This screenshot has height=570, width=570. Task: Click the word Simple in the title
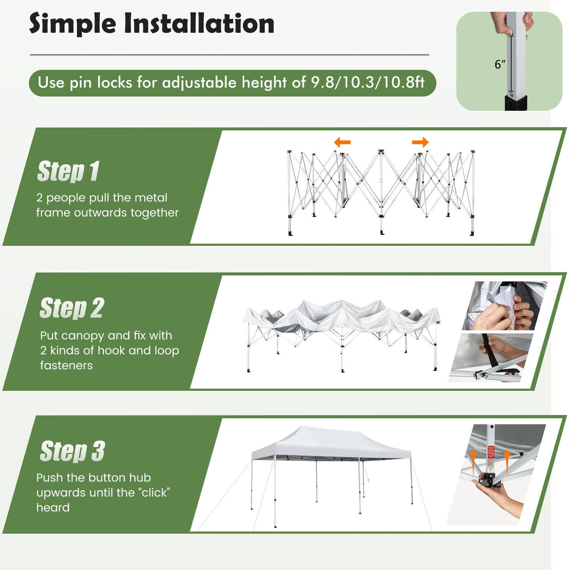(x=72, y=24)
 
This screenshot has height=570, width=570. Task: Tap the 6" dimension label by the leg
(x=500, y=64)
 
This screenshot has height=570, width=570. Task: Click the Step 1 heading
(x=69, y=171)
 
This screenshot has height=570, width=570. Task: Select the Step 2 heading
(x=72, y=308)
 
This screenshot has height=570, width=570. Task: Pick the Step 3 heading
(x=72, y=451)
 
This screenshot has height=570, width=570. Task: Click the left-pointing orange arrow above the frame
(x=342, y=142)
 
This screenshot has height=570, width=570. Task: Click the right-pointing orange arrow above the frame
(x=420, y=142)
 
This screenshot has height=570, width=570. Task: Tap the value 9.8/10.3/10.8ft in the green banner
(x=368, y=83)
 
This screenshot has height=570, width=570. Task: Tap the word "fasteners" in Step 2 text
(x=66, y=365)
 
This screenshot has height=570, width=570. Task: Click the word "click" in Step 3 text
(x=154, y=493)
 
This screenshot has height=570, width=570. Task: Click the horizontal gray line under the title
(x=229, y=55)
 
